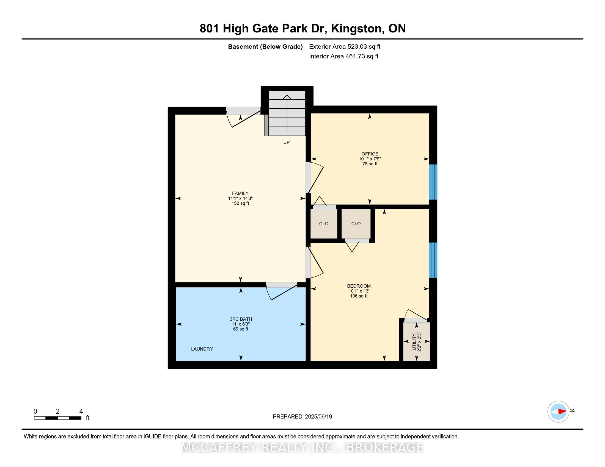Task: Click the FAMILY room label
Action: point(240,193)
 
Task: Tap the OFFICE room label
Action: point(370,154)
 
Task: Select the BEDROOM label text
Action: point(359,286)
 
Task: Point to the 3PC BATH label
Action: point(241,319)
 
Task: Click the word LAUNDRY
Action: point(202,349)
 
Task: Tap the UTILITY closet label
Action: point(414,342)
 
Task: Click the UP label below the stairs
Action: point(287,142)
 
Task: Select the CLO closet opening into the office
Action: point(324,224)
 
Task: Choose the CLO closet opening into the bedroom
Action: point(356,224)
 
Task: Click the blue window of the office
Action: point(433,182)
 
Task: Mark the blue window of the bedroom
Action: point(433,260)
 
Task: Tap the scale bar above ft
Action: point(58,418)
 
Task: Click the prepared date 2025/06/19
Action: point(318,417)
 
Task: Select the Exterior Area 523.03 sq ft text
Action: point(345,46)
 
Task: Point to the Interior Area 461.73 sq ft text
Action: point(344,56)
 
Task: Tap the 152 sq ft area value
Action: point(240,203)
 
